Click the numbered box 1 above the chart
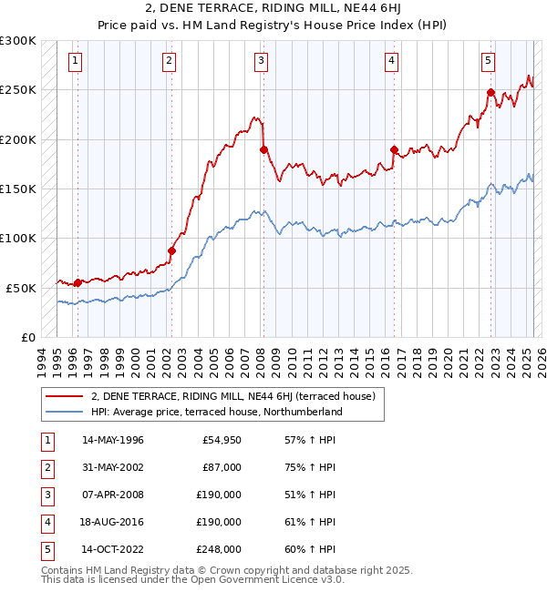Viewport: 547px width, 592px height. tap(74, 61)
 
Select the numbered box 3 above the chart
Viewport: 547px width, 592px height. tap(261, 61)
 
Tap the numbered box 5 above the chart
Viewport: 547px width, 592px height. tap(489, 61)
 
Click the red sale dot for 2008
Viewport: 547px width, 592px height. tap(263, 149)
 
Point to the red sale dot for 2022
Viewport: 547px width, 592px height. tap(490, 92)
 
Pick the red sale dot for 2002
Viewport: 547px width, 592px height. tap(171, 250)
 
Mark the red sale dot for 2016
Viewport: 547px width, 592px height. tap(394, 149)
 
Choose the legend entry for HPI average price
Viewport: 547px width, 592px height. tap(216, 412)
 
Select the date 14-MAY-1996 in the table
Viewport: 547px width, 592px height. tap(113, 440)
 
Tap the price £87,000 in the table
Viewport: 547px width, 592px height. tap(222, 467)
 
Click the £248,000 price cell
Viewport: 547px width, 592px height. tap(219, 549)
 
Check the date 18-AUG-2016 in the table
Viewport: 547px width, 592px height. tap(113, 522)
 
